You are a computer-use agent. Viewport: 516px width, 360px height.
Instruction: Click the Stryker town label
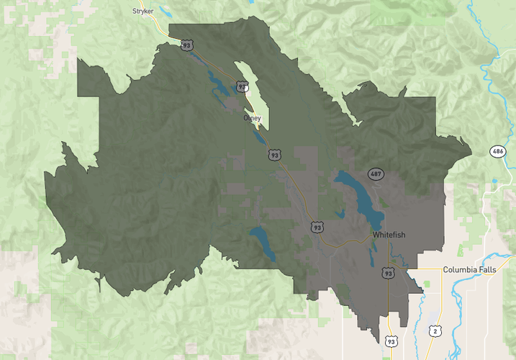(x=143, y=11)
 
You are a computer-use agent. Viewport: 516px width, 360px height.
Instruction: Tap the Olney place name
(x=253, y=118)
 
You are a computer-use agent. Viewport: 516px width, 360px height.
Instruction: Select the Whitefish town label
(x=389, y=235)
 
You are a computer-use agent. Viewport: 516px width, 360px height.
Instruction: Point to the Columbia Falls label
(x=469, y=269)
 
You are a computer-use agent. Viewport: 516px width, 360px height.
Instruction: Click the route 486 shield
(x=497, y=151)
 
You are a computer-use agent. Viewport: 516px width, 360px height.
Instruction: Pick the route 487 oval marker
(x=375, y=174)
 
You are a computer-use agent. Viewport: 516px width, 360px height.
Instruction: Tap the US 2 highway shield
(x=435, y=330)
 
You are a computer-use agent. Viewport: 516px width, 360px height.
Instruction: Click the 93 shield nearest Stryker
(x=187, y=45)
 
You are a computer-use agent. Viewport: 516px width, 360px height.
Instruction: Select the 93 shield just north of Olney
(x=241, y=87)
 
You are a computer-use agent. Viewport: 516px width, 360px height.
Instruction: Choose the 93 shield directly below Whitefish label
(x=389, y=273)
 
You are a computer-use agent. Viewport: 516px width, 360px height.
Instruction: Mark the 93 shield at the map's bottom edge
(x=390, y=341)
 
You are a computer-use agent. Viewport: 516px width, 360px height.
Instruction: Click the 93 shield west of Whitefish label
(x=317, y=227)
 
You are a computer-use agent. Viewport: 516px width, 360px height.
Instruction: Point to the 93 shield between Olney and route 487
(x=274, y=155)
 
